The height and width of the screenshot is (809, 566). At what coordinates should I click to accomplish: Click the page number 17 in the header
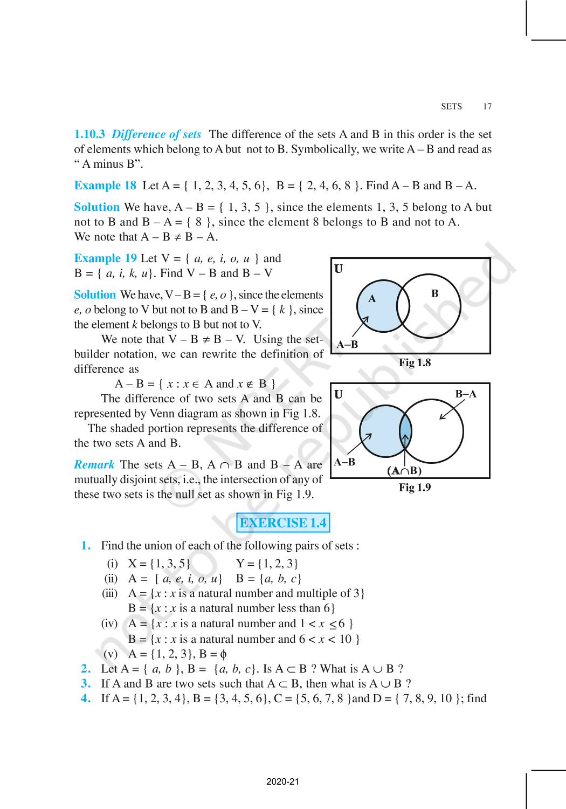coord(487,106)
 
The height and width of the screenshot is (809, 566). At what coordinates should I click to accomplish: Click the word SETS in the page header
coord(451,106)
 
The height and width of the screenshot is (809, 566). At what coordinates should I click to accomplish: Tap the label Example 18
coord(105,186)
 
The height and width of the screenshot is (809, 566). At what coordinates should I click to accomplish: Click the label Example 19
coord(105,258)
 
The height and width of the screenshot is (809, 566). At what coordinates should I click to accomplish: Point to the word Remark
coord(94,464)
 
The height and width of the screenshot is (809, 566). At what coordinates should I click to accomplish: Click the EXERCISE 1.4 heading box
coord(283,523)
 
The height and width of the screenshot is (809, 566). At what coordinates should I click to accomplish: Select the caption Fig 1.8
coord(415,362)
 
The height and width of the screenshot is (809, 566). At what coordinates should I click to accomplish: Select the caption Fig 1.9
coord(415,488)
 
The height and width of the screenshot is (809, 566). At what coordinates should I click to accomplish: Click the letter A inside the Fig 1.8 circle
coord(372,298)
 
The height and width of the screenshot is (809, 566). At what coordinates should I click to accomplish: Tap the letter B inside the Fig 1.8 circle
coord(435,293)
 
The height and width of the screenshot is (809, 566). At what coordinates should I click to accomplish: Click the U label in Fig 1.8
coord(339,269)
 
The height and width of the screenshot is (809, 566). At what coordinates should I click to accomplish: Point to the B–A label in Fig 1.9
coord(466,394)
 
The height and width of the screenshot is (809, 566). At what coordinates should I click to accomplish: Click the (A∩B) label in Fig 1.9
coord(404,471)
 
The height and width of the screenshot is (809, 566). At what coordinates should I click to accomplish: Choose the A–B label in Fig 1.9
coord(344,462)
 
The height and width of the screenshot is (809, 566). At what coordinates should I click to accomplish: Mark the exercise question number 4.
coord(86,698)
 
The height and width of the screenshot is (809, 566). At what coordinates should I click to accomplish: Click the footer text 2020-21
coord(282,781)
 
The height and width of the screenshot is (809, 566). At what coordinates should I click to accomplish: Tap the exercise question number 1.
coord(86,545)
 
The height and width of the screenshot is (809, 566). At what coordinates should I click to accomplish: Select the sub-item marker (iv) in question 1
coord(109,623)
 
